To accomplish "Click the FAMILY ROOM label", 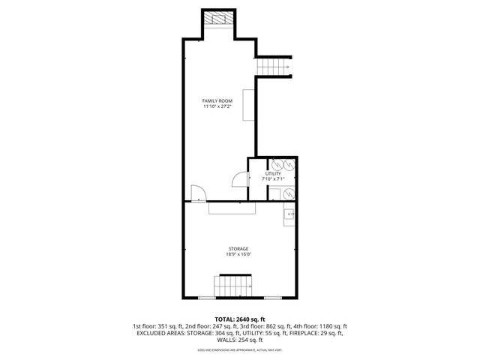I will (217, 100).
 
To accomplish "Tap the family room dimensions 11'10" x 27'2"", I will (217, 106).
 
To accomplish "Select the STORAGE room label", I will (238, 248).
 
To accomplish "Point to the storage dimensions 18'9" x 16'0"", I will (238, 254).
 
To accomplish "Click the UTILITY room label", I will (272, 173).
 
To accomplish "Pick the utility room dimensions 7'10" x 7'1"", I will (272, 179).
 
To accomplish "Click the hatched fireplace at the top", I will (219, 19).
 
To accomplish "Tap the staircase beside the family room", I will (274, 67).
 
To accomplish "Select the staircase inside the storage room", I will (232, 286).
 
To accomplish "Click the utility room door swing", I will (238, 179).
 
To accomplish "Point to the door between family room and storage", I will (196, 193).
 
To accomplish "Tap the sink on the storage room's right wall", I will (289, 215).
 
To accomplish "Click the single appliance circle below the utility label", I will (289, 194).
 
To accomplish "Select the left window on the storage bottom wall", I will (205, 298).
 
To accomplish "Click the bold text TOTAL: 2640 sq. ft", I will (239, 319).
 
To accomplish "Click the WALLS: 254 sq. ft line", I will (239, 340).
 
